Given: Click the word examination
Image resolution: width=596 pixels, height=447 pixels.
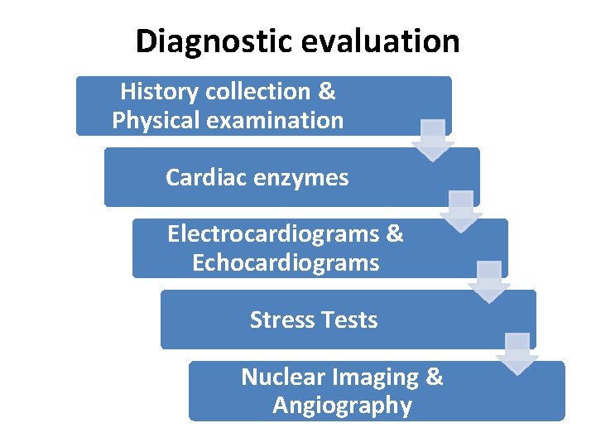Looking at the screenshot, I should click(276, 121).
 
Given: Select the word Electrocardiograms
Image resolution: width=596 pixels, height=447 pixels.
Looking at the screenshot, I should click(273, 234).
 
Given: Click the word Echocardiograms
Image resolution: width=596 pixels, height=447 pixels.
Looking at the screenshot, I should click(286, 263).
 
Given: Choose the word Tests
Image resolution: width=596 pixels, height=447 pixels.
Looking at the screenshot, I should click(349, 320).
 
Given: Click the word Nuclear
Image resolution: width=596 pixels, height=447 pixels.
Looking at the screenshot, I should click(282, 377).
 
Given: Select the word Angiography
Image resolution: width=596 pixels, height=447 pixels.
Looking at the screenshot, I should click(342, 406).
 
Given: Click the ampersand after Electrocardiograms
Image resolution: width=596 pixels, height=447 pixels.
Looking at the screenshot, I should click(395, 234).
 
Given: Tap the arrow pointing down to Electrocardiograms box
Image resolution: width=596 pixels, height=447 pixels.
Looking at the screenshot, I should click(461, 212).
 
